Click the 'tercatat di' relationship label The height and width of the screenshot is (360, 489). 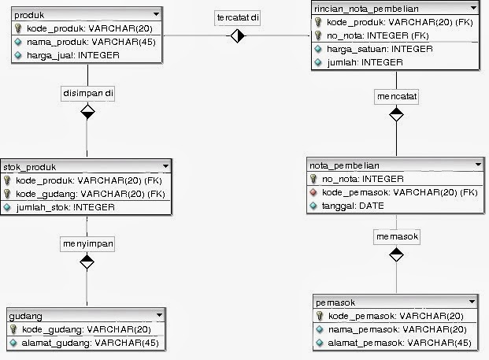coord(238,17)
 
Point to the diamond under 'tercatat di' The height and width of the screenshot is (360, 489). coord(238,36)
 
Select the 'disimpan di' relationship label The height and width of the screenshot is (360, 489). coord(87,93)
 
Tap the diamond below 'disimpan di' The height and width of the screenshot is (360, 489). coord(87,112)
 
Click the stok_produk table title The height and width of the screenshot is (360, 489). coord(35,167)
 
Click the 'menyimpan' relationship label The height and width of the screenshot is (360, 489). coord(87,244)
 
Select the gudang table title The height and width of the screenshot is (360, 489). coord(26,316)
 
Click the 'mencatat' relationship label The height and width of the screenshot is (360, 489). coord(397,96)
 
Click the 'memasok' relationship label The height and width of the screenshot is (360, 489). coord(397,236)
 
